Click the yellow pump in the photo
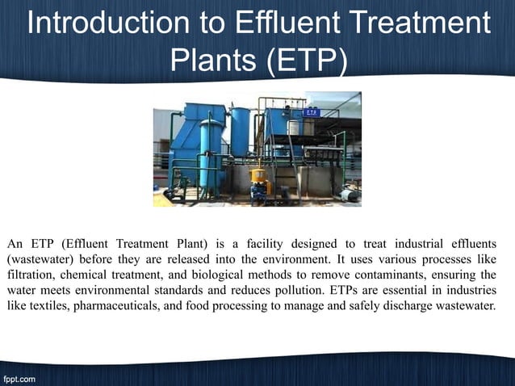click(259, 177)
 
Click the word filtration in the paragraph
click(32, 275)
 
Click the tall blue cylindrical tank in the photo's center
click(241, 133)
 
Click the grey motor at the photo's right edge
click(350, 194)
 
